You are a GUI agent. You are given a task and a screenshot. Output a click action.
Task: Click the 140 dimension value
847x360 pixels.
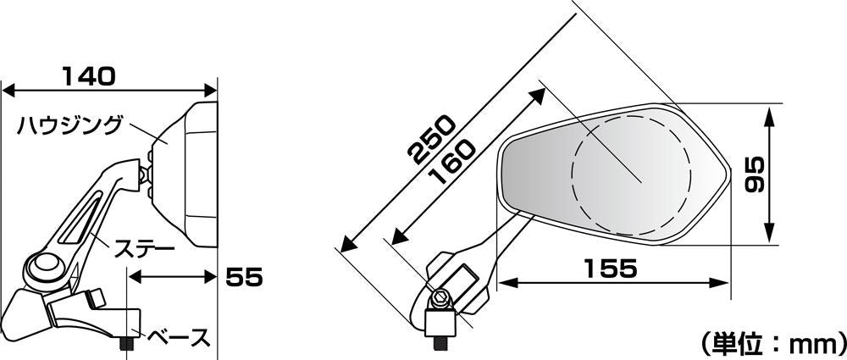[89, 76]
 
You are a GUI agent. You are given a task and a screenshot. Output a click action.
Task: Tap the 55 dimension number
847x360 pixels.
[244, 277]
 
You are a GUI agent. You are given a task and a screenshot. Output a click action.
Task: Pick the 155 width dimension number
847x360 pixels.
[610, 269]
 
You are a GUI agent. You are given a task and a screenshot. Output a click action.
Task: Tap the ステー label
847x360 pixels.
[142, 250]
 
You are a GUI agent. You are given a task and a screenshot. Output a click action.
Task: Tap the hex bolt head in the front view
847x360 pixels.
[440, 298]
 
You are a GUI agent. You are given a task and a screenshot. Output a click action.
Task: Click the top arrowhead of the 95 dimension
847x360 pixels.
[769, 114]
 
